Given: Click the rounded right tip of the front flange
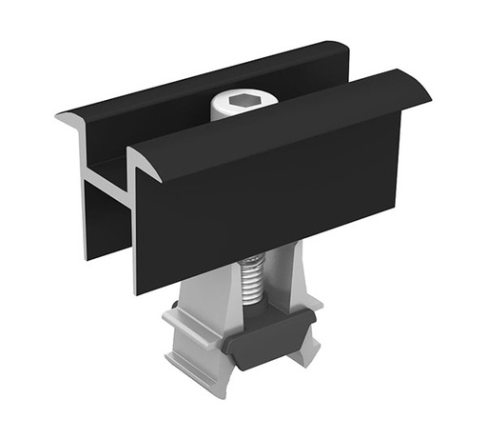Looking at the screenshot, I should pos(422,90).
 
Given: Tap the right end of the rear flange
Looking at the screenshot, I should pos(344,52).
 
